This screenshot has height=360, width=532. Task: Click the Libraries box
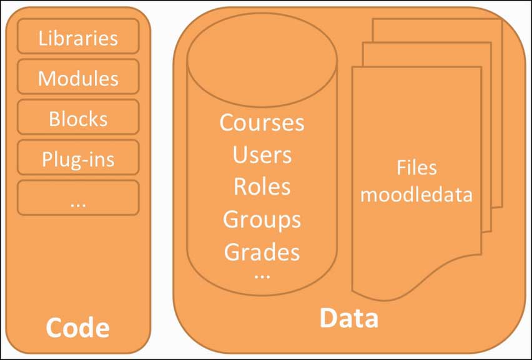click(x=78, y=37)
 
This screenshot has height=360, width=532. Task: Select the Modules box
click(x=78, y=78)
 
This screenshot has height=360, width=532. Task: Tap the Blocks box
click(x=78, y=119)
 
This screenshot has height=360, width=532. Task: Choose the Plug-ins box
click(x=78, y=159)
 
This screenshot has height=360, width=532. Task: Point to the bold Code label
click(x=78, y=328)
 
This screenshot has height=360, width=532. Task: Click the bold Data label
click(x=349, y=318)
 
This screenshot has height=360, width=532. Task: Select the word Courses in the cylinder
click(x=262, y=122)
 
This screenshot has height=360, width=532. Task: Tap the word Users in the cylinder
click(x=262, y=155)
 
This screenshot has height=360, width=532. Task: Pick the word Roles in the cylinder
click(x=262, y=187)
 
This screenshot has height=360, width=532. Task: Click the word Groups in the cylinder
click(x=262, y=219)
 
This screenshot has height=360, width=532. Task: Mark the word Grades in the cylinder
click(x=262, y=251)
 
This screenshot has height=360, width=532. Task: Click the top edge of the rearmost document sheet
click(x=437, y=19)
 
